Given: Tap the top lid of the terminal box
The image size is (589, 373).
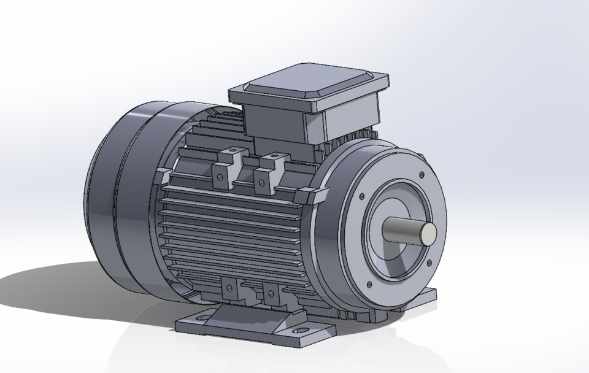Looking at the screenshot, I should (x=309, y=85).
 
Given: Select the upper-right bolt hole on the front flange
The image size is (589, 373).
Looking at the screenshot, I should (x=421, y=176).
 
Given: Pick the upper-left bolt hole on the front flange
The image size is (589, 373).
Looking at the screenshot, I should (x=362, y=197).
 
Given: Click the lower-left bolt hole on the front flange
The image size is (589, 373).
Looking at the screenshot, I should (x=368, y=284).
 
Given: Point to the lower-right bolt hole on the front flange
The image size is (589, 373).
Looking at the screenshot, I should (x=426, y=263).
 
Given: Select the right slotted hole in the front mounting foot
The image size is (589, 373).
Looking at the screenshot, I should (x=301, y=331).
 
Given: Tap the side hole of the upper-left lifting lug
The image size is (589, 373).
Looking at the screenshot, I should (x=219, y=179).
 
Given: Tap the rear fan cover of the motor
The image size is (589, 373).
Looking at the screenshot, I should (x=117, y=196).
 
